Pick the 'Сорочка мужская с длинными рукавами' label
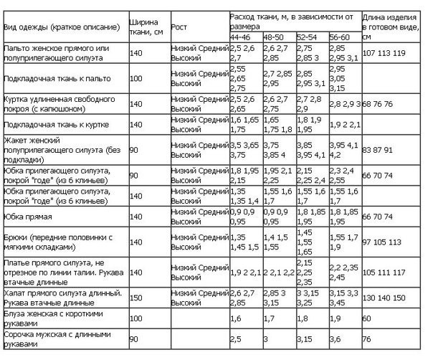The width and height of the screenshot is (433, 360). point(58,338)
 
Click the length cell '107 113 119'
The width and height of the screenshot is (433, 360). point(384,53)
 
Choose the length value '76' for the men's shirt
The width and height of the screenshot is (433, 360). point(367,339)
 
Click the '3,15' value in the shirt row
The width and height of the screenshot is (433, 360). point(305,339)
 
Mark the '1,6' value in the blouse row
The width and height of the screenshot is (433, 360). point(234,316)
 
